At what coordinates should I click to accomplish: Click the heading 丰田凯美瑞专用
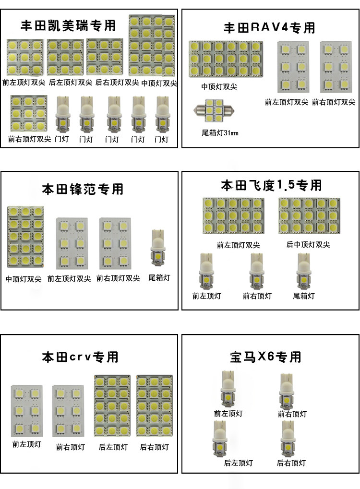coord(68,25)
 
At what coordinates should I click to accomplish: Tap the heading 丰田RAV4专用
coord(269,28)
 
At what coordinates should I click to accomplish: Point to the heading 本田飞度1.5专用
coord(271,185)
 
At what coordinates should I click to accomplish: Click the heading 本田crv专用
coord(80,357)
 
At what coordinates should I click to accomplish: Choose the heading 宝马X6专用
coord(265,357)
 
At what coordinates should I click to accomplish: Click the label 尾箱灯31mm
coord(220,132)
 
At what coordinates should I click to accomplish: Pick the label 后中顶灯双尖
coord(308,245)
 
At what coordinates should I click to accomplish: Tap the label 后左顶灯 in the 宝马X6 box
coord(238,463)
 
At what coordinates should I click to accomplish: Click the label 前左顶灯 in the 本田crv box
coord(27,444)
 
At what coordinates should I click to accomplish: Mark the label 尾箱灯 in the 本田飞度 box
coord(304,296)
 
